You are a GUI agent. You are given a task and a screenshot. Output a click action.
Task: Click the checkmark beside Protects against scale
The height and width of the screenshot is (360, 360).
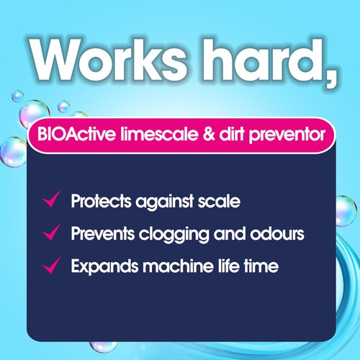pyautogui.click(x=50, y=200)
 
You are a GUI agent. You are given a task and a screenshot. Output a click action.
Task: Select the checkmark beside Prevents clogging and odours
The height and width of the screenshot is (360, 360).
pyautogui.click(x=50, y=233)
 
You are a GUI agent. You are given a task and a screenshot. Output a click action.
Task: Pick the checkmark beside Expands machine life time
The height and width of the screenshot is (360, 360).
pyautogui.click(x=50, y=266)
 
